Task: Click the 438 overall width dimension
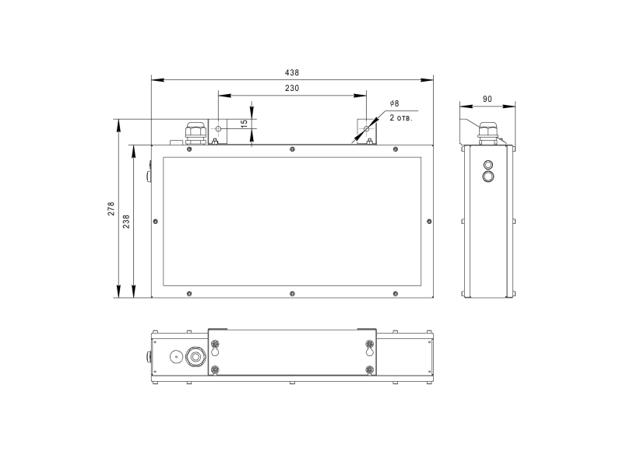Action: coord(292,72)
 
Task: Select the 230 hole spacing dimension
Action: coord(292,89)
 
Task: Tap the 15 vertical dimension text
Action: coord(245,122)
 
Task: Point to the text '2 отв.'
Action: coord(400,118)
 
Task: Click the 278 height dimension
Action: coord(111,208)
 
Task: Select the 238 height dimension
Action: coord(127,221)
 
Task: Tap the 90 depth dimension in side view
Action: coord(487,100)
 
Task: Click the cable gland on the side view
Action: coord(487,132)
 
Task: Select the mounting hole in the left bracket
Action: coord(219,129)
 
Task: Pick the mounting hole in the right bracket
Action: coord(366,129)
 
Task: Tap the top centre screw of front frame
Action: coord(291,149)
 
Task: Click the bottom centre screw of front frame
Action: coord(291,293)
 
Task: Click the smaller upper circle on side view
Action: coord(488,165)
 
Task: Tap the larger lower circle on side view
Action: coord(488,177)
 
